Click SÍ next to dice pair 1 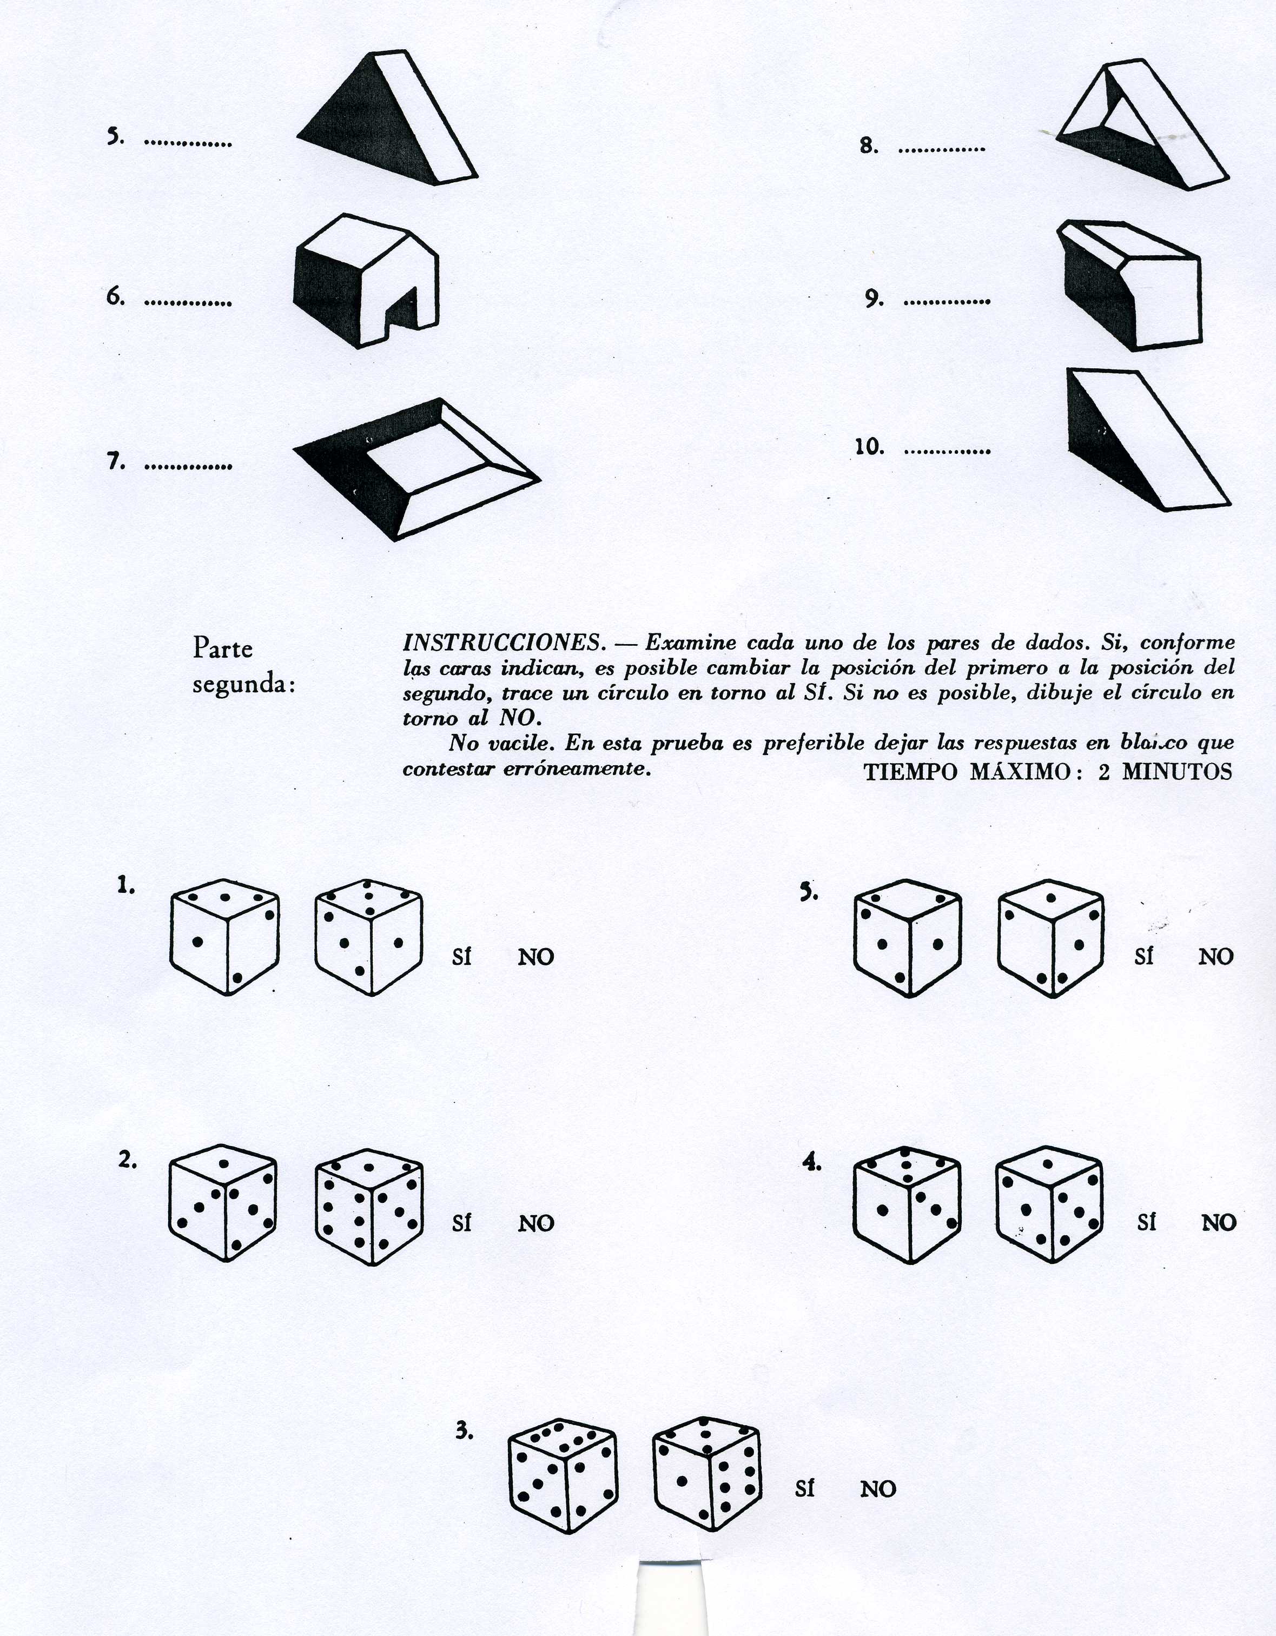pyautogui.click(x=461, y=957)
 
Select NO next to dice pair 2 pyautogui.click(x=535, y=1223)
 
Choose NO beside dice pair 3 pyautogui.click(x=878, y=1489)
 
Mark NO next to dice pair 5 pyautogui.click(x=1216, y=957)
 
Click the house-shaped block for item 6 pyautogui.click(x=366, y=280)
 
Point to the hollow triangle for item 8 pyautogui.click(x=1142, y=124)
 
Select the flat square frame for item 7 pyautogui.click(x=416, y=469)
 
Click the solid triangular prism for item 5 pyautogui.click(x=387, y=117)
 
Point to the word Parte pyautogui.click(x=222, y=648)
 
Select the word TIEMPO pyautogui.click(x=910, y=772)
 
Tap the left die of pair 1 pyautogui.click(x=225, y=937)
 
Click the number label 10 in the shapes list pyautogui.click(x=870, y=447)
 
